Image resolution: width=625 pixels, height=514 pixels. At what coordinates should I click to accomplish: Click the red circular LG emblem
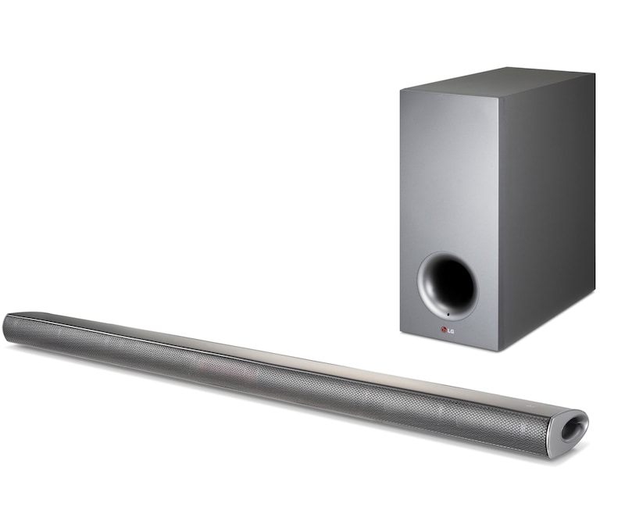[443, 329]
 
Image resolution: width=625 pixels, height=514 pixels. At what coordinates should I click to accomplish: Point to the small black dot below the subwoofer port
[448, 315]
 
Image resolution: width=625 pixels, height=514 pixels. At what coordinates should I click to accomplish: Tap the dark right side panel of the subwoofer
[546, 207]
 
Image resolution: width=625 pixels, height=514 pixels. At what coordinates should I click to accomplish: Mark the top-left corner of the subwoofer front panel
[401, 91]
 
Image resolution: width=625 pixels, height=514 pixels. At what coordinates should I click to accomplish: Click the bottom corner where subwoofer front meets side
[499, 351]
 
